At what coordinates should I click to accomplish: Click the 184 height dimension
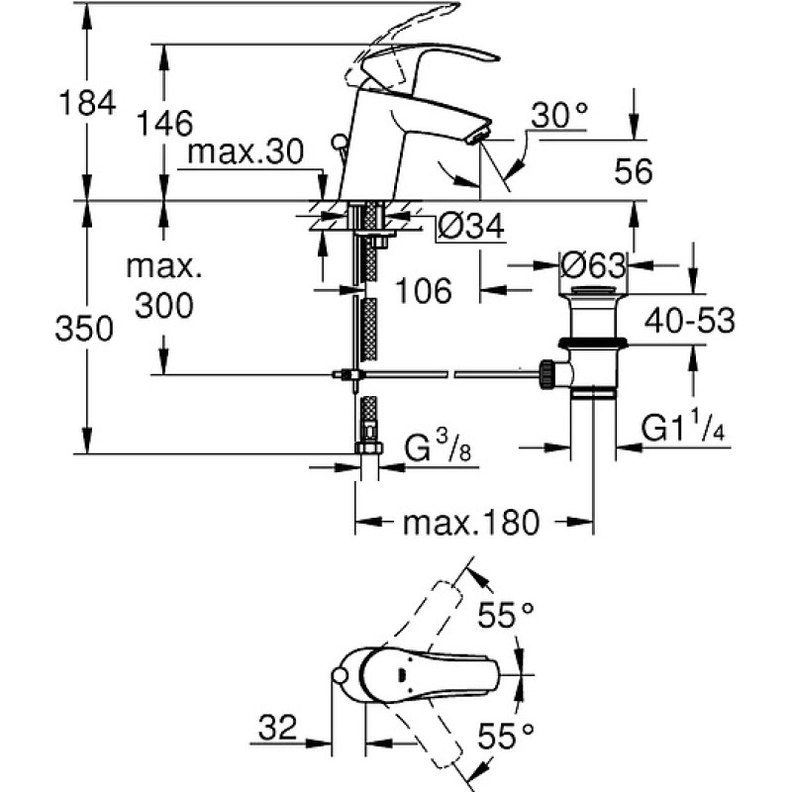87,103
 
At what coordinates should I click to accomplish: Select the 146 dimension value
164,123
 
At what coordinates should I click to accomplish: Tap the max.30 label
246,151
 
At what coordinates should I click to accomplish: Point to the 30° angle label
559,115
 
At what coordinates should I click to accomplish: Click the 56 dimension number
633,170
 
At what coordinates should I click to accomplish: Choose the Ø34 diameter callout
471,226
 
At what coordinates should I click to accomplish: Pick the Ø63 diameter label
593,264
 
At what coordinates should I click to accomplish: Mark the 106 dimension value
424,290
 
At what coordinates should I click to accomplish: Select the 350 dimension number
84,328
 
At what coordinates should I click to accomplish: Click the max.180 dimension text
471,523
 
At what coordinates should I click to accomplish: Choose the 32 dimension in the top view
278,728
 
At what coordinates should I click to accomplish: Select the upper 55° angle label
506,615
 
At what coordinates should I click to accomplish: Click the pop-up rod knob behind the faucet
340,141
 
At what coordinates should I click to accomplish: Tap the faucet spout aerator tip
478,136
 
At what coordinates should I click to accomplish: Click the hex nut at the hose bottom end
369,447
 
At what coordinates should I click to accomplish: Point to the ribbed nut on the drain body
547,374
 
